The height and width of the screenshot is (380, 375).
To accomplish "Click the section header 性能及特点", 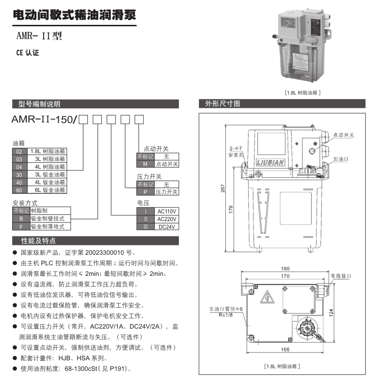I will click(x=38, y=241).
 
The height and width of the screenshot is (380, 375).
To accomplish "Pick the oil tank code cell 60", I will click(x=19, y=190).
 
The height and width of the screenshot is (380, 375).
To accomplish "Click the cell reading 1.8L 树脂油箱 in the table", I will click(x=47, y=152).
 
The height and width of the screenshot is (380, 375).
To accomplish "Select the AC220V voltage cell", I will click(x=166, y=219).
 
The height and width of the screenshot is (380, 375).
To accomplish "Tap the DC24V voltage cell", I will click(x=166, y=227).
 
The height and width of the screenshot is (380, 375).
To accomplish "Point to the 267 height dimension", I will click(x=222, y=188).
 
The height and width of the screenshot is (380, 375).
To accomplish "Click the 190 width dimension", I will click(x=285, y=269).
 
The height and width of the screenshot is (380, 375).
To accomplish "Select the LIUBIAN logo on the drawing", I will click(x=270, y=162).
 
